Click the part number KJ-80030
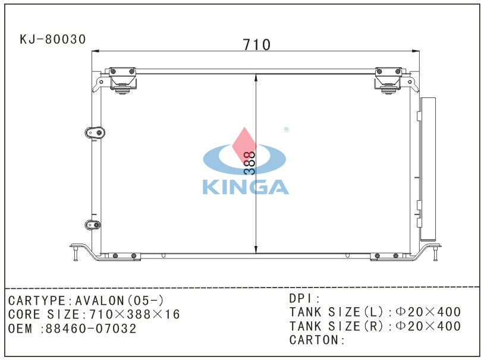52,39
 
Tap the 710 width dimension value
256,45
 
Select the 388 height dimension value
249,163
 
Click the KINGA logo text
246,187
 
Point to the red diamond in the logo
244,147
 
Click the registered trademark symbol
286,130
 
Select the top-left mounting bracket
122,80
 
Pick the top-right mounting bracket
388,80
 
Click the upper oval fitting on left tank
95,133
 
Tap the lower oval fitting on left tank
93,225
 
